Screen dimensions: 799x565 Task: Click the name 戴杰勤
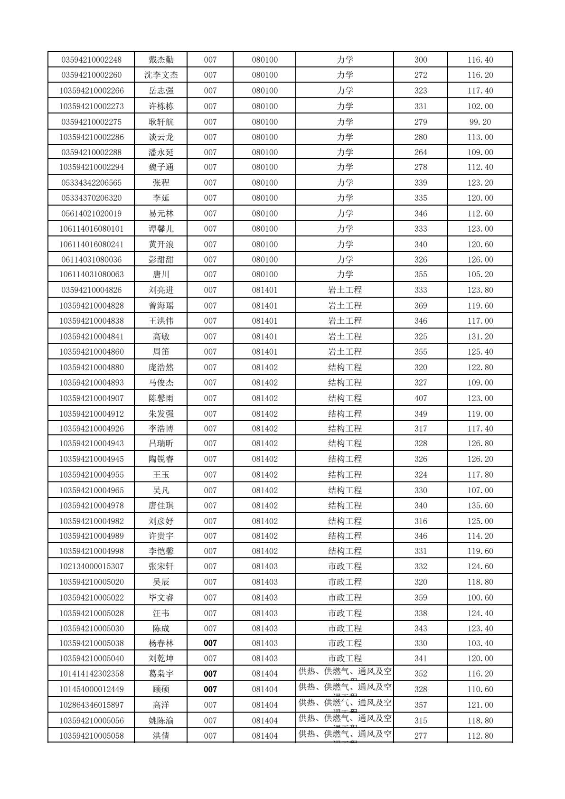click(x=161, y=60)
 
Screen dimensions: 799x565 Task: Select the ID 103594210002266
click(x=92, y=91)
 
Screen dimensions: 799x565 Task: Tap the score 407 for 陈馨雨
click(x=421, y=398)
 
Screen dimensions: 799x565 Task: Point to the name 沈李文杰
click(x=161, y=75)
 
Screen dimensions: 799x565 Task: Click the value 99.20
click(x=480, y=122)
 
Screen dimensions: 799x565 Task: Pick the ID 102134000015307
click(x=92, y=566)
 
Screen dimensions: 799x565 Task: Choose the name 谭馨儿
click(x=161, y=229)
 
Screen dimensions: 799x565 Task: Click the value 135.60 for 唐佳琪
click(x=480, y=506)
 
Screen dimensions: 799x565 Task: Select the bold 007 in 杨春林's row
click(x=210, y=643)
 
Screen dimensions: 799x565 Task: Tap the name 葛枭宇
click(x=161, y=674)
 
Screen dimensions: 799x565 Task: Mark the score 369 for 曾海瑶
click(x=421, y=306)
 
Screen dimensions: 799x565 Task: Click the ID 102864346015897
click(x=92, y=705)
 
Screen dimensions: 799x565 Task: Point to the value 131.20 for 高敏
click(x=480, y=337)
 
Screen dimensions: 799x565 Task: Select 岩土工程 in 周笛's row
click(x=345, y=352)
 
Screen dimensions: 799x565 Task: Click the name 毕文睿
click(x=161, y=598)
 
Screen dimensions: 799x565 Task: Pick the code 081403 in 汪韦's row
click(x=264, y=613)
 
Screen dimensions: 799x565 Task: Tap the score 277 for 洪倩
click(x=421, y=736)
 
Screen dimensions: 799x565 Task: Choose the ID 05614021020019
click(x=92, y=214)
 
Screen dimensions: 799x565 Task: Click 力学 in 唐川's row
click(x=345, y=274)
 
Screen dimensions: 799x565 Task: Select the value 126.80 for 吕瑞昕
click(x=480, y=443)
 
